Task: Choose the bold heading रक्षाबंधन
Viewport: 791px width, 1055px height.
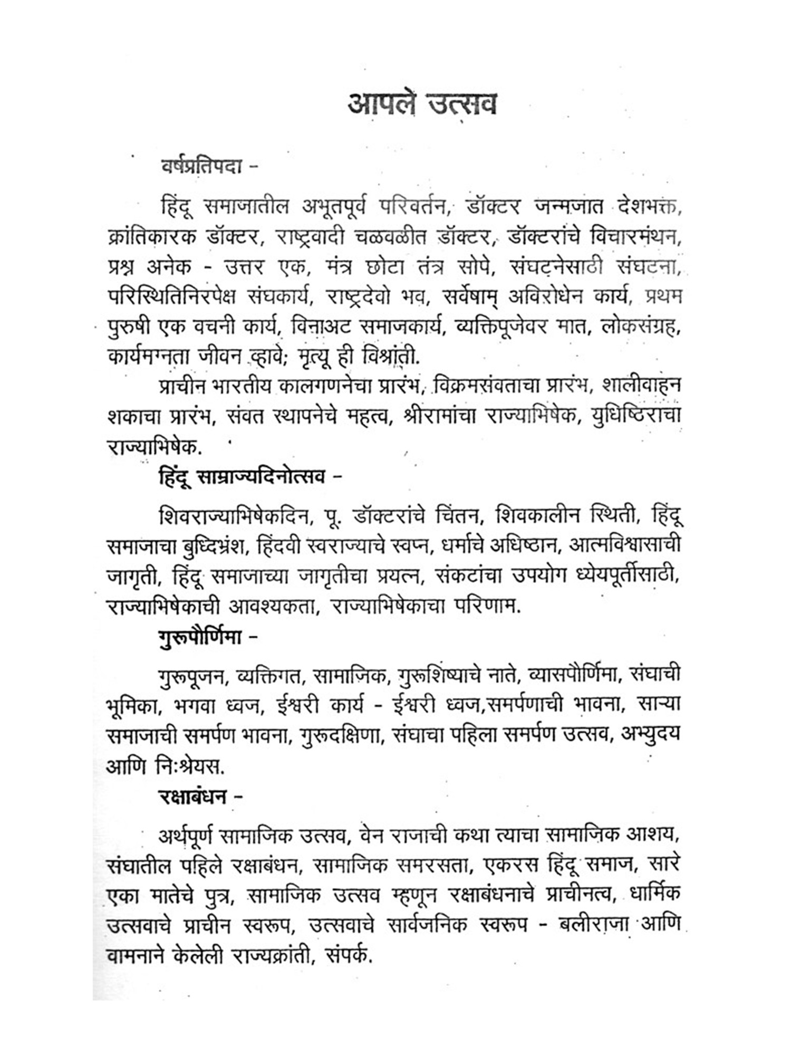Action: click(x=193, y=796)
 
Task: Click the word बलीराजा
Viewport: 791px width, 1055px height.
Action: click(x=585, y=926)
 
